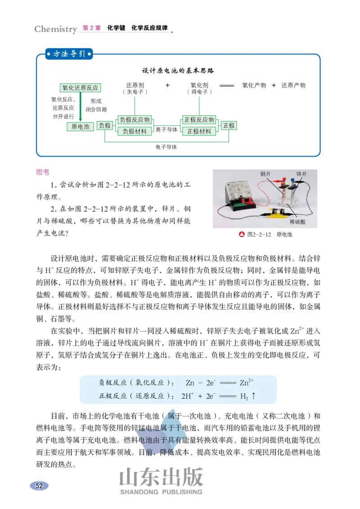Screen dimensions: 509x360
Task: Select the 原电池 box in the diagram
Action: tap(81, 127)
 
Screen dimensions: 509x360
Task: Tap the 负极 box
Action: tap(105, 126)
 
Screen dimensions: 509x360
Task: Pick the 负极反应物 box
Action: tap(135, 120)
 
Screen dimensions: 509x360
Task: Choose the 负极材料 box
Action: tap(135, 132)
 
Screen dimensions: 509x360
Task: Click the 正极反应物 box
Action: tap(199, 120)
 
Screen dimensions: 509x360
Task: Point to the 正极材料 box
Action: tap(199, 132)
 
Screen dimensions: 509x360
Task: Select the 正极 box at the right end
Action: tap(229, 126)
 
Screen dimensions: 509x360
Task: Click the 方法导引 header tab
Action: tap(69, 54)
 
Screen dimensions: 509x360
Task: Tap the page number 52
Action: tap(39, 486)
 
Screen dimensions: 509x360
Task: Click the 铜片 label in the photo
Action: tap(265, 174)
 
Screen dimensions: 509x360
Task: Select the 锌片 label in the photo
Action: tap(301, 174)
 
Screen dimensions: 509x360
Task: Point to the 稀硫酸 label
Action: tap(297, 222)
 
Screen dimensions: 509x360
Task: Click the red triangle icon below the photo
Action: tap(242, 234)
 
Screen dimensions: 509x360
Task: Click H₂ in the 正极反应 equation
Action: tap(244, 397)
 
